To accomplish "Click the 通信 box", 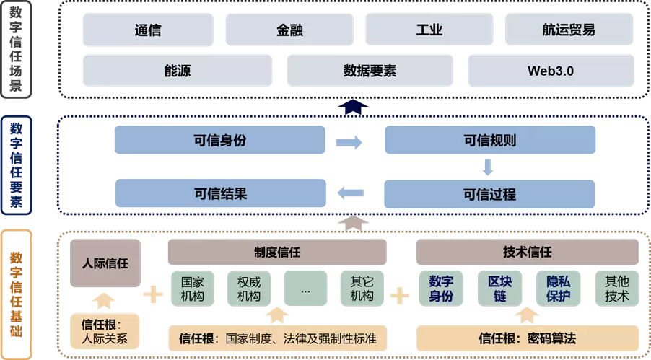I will pos(147,30).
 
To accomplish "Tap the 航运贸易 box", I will pos(569,30).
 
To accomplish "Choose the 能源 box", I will pos(178,71).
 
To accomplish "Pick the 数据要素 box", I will pos(370,71).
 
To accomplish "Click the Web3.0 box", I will pos(551,71).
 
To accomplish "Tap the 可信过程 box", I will pos(489,194).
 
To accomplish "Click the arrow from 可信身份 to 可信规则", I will pos(349,142).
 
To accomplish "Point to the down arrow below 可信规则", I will pos(488,167).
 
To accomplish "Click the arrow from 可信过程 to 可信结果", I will pos(350,192).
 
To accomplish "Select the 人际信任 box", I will pos(105,263).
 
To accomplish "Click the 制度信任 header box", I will pos(277,253).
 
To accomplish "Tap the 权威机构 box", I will pos(248,288).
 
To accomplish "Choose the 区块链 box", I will pos(499,288).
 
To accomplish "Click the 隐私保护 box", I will pos(557,288).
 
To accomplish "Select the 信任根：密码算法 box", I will pos(528,338).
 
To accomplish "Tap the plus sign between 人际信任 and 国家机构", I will pos(153,294).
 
